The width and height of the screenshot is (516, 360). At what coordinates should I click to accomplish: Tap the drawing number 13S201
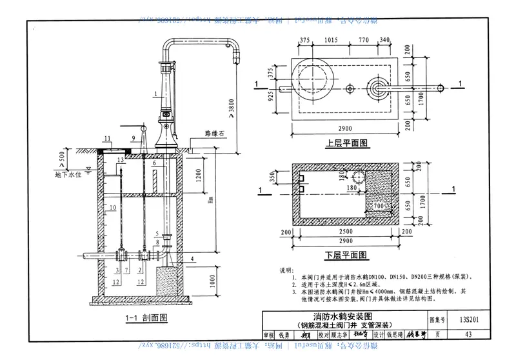click(469, 319)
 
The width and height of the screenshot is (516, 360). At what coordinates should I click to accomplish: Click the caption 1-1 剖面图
click(146, 317)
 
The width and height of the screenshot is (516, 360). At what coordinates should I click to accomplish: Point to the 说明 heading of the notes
click(285, 269)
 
